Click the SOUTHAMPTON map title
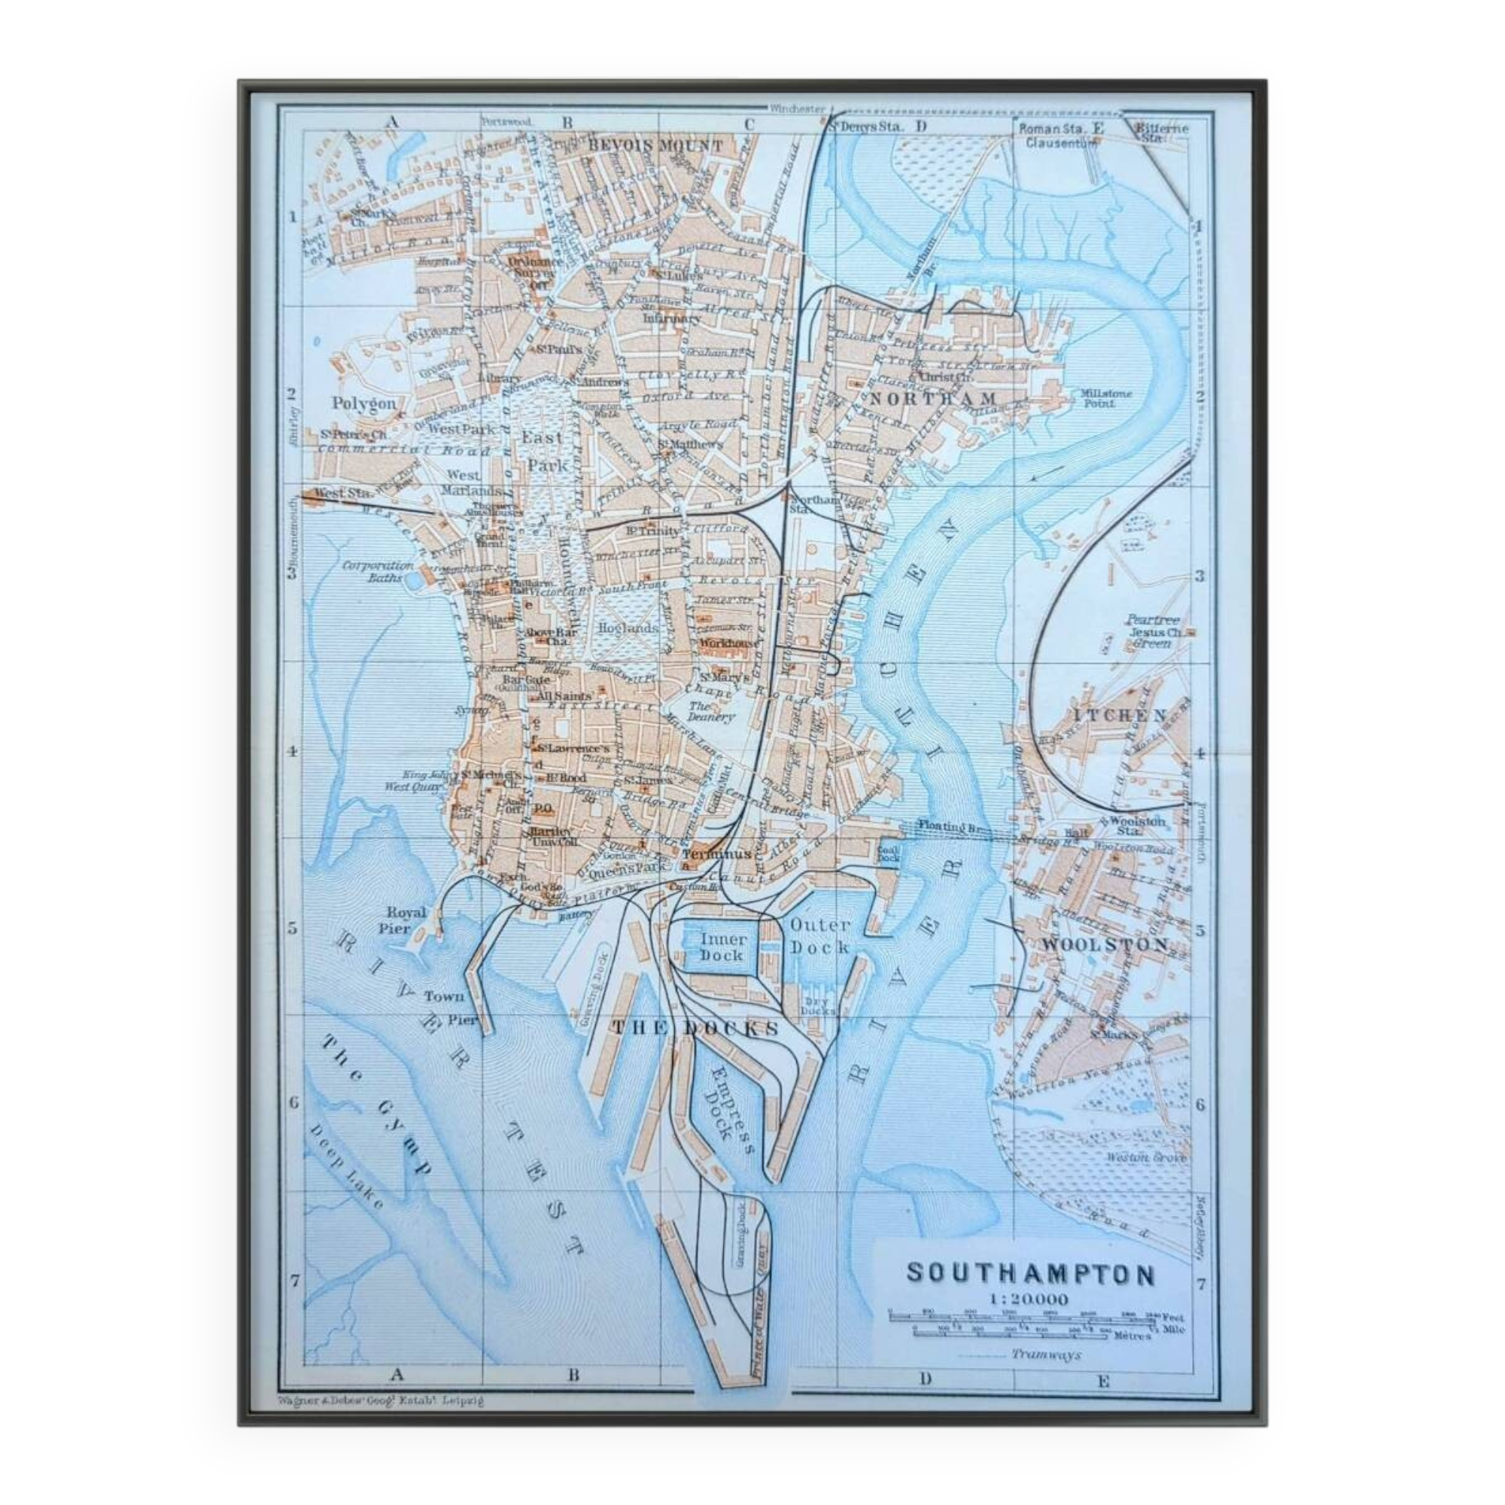tap(1030, 1275)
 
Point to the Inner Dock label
tap(722, 947)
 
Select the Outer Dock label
tap(819, 935)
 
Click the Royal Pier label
tap(406, 920)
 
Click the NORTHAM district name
tap(932, 399)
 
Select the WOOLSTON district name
tap(1105, 945)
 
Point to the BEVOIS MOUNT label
tap(655, 145)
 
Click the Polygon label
tap(363, 403)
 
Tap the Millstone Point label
tap(1104, 398)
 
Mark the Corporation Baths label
tap(379, 571)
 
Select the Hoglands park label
tap(628, 627)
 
